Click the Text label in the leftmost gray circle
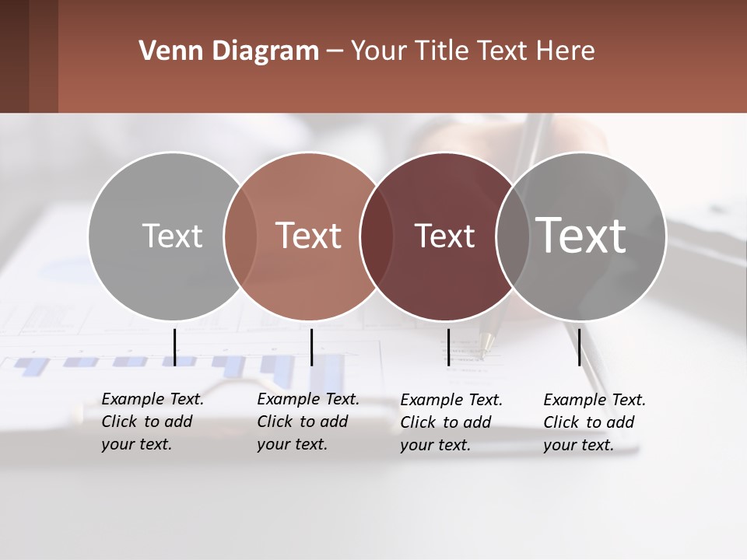[x=172, y=236]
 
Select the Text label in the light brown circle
[x=309, y=236]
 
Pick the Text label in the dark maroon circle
[x=444, y=236]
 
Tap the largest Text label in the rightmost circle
[x=581, y=235]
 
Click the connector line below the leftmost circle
[x=174, y=347]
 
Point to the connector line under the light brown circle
[x=311, y=347]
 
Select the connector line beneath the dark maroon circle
[x=448, y=347]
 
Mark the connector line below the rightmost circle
[x=579, y=347]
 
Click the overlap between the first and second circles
[x=240, y=236]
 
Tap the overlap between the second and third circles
[x=375, y=236]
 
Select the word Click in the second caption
[x=275, y=422]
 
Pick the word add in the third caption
[x=477, y=422]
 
